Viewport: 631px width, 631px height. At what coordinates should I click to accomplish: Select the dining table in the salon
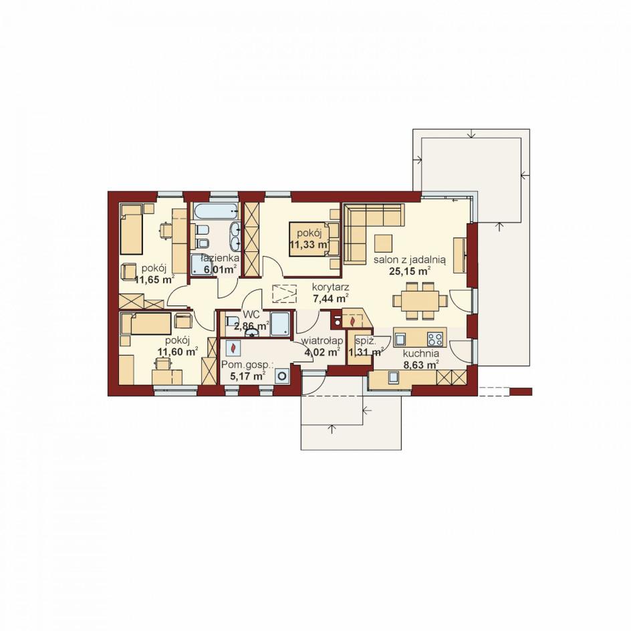420,301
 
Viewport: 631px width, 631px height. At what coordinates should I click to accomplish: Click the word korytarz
331,287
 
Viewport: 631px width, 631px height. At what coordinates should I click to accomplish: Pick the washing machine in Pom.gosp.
282,376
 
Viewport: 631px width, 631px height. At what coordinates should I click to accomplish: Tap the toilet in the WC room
231,322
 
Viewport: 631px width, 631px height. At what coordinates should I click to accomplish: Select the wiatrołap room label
322,341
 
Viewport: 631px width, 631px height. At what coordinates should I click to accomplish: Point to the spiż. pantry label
366,342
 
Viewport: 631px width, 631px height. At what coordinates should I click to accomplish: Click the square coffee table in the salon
383,243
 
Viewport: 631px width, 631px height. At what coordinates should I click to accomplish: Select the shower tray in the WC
279,323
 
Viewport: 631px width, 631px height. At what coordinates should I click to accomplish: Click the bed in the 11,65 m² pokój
131,229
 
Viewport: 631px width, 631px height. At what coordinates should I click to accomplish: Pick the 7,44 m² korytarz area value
331,299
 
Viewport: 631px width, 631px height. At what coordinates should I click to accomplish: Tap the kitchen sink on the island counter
400,339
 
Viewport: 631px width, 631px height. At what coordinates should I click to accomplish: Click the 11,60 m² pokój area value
178,352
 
